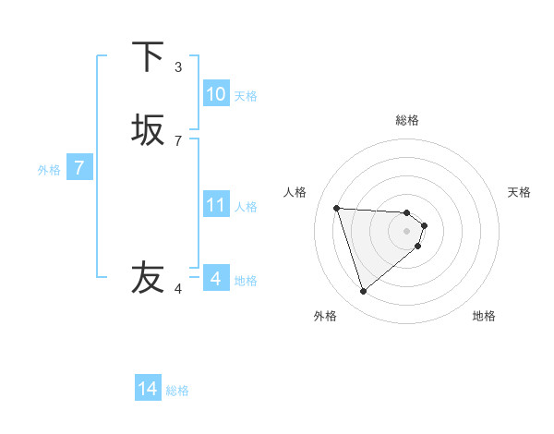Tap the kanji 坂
click(148, 129)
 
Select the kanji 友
click(148, 277)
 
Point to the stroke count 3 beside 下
click(178, 66)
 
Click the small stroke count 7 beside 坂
click(178, 140)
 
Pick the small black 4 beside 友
click(178, 289)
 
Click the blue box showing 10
click(215, 94)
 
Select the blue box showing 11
click(215, 205)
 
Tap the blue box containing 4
click(215, 278)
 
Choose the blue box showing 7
click(79, 168)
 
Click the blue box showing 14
click(148, 389)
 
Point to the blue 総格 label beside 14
click(177, 391)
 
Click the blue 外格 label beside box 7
click(49, 170)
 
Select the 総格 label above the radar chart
click(407, 120)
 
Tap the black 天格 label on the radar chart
click(520, 192)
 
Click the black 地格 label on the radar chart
click(484, 316)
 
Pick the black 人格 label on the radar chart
click(295, 192)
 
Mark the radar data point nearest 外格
click(363, 292)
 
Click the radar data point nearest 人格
click(336, 208)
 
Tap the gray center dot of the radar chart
click(407, 231)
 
